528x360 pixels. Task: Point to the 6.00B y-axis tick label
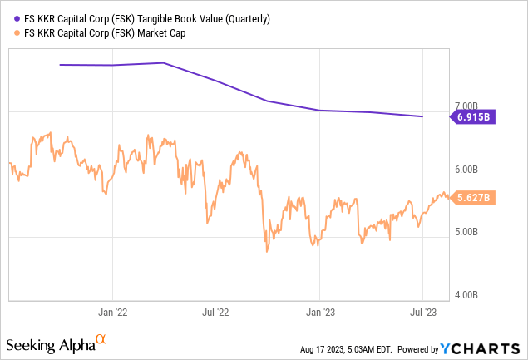[469, 170]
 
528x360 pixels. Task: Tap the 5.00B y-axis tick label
[469, 232]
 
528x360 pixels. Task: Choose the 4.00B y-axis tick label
[469, 294]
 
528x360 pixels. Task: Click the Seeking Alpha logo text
[49, 344]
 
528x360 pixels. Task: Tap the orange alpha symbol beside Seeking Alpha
[101, 340]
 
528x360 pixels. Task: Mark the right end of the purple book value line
[422, 116]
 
